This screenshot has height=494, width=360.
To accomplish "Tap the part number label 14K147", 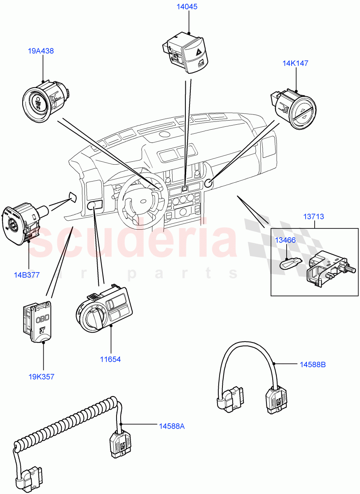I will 295,63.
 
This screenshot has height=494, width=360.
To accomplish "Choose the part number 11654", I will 110,359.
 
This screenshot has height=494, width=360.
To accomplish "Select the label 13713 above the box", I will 314,216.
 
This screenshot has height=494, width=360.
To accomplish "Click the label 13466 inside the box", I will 285,240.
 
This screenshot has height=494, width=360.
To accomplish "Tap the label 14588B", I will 313,364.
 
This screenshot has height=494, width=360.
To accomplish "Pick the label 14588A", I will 172,426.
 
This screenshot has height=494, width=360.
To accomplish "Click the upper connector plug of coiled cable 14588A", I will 119,445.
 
